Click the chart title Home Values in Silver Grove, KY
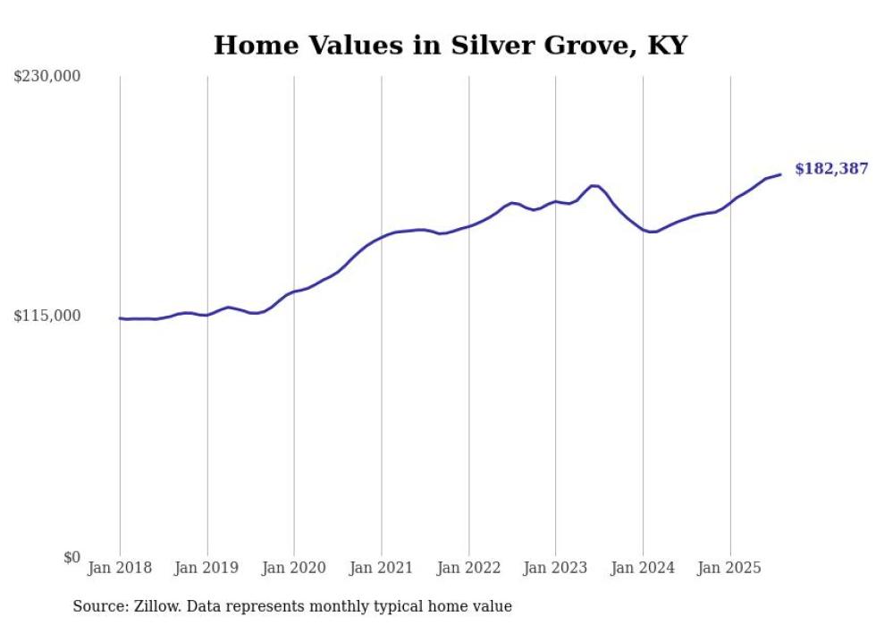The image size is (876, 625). [x=450, y=46]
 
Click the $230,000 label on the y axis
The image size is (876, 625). [x=47, y=77]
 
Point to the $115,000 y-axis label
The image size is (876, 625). [x=47, y=316]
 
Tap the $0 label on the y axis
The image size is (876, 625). [x=72, y=557]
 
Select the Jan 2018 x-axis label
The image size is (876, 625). [x=120, y=568]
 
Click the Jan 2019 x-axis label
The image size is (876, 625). [x=207, y=568]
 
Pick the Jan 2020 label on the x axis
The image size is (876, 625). [x=294, y=568]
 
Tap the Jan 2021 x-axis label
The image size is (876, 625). [x=382, y=568]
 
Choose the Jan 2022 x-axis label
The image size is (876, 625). [x=468, y=568]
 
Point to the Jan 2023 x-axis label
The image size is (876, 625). [x=555, y=568]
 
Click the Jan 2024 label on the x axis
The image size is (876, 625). [x=643, y=568]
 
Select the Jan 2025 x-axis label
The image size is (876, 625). [x=729, y=568]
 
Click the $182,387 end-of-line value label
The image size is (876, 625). [x=830, y=168]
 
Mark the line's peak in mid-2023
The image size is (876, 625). [x=594, y=185]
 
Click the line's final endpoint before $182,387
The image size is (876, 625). [x=780, y=174]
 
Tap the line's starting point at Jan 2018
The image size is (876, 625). [x=120, y=318]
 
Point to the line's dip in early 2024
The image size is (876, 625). [x=653, y=232]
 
